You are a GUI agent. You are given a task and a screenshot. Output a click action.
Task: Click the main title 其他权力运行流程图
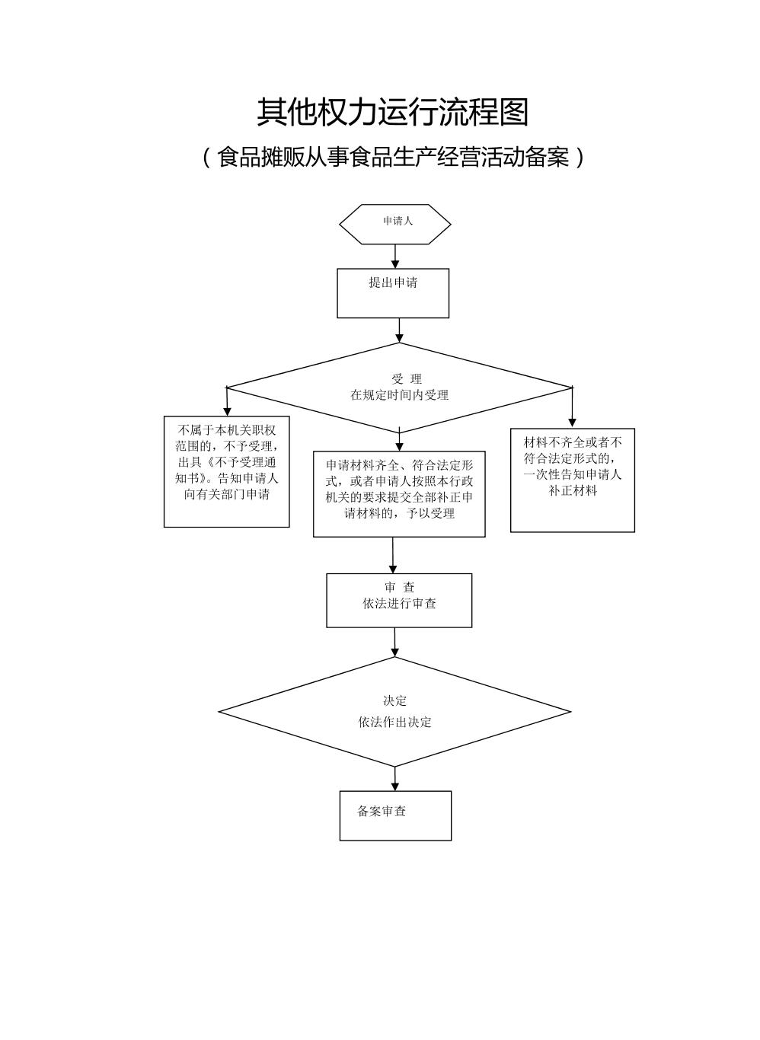pyautogui.click(x=392, y=112)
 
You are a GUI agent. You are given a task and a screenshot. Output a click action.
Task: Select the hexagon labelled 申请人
pyautogui.click(x=395, y=224)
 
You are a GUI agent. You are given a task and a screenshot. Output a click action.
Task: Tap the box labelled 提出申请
pyautogui.click(x=393, y=292)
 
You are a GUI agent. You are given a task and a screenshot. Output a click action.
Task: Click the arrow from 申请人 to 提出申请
pyautogui.click(x=395, y=256)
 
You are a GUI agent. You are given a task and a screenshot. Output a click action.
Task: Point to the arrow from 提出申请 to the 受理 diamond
pyautogui.click(x=399, y=330)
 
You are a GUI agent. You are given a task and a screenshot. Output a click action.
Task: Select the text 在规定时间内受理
pyautogui.click(x=399, y=395)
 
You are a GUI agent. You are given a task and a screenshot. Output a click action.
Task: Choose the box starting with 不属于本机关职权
pyautogui.click(x=227, y=471)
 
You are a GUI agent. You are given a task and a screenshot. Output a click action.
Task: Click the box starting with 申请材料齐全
pyautogui.click(x=399, y=494)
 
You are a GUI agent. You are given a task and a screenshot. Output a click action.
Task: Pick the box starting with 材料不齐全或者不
pyautogui.click(x=573, y=480)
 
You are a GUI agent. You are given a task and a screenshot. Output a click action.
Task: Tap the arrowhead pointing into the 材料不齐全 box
pyautogui.click(x=573, y=423)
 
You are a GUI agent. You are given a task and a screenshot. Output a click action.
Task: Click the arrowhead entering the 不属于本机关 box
pyautogui.click(x=227, y=411)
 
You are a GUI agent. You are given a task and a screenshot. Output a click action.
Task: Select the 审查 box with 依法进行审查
pyautogui.click(x=399, y=600)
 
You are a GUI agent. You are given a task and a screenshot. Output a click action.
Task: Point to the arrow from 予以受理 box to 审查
pyautogui.click(x=393, y=556)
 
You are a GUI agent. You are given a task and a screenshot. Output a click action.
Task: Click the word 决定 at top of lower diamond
pyautogui.click(x=395, y=701)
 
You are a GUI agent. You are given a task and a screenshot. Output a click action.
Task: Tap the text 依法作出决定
pyautogui.click(x=395, y=722)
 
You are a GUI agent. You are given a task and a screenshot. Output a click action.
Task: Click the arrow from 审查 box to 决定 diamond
pyautogui.click(x=394, y=643)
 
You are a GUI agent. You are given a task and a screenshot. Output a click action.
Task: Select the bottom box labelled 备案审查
pyautogui.click(x=395, y=815)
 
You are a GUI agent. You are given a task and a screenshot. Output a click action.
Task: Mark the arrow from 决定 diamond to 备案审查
pyautogui.click(x=395, y=779)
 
